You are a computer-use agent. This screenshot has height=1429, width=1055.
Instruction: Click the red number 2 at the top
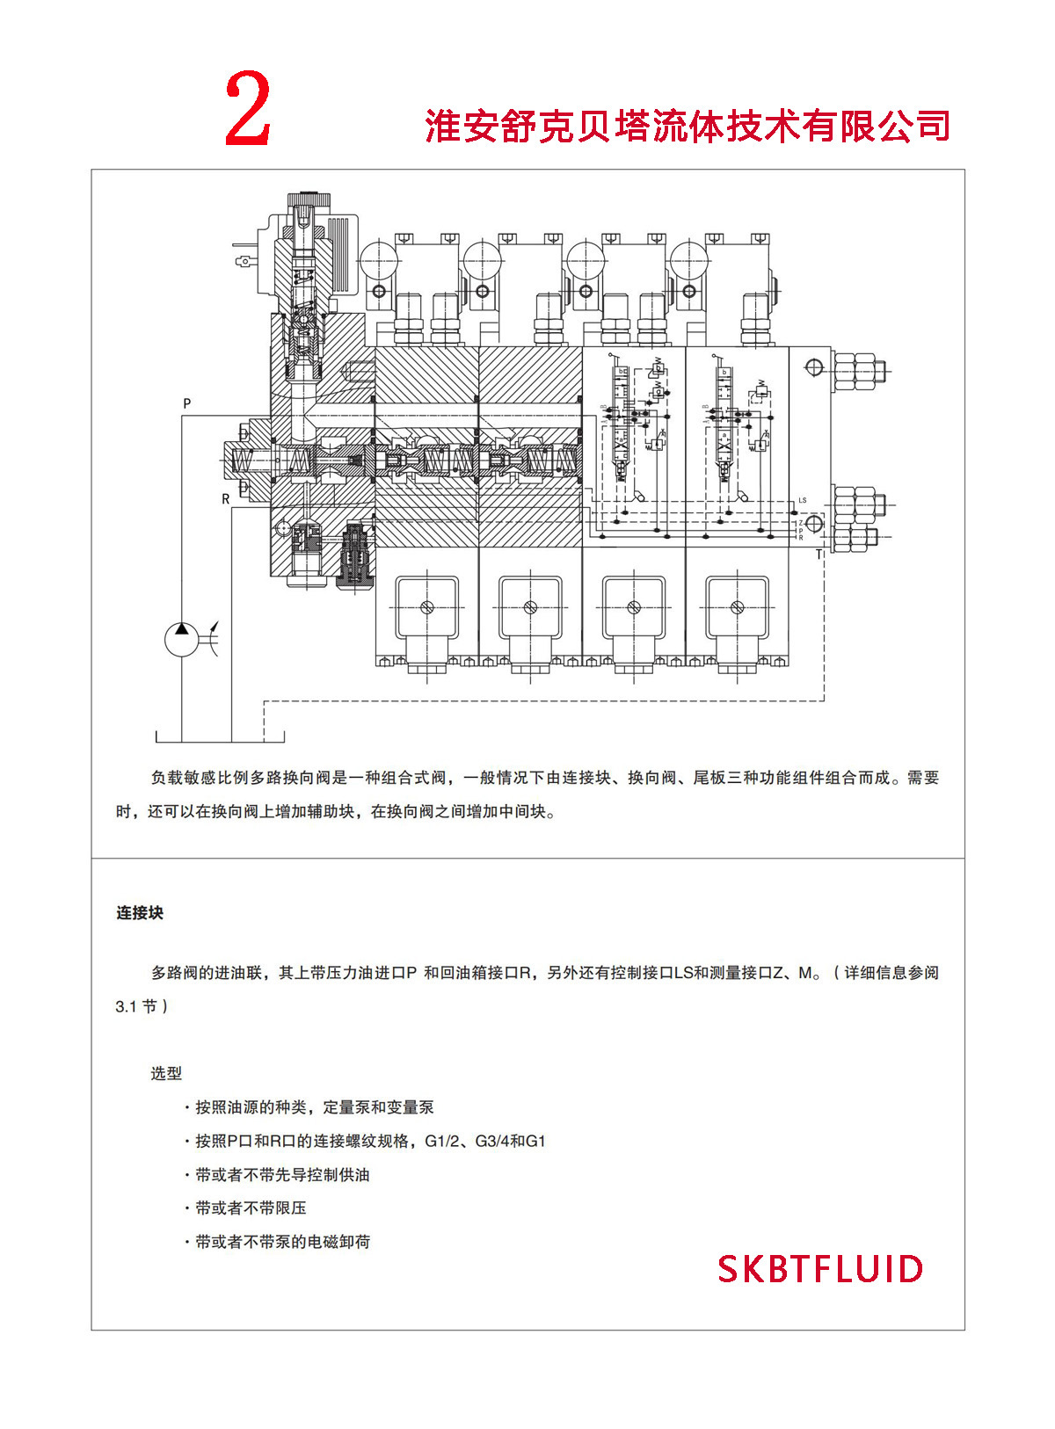pyautogui.click(x=248, y=109)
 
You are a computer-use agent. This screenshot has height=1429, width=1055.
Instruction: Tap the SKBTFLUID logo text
pyautogui.click(x=820, y=1269)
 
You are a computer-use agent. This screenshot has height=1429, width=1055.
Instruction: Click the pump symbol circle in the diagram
pyautogui.click(x=182, y=639)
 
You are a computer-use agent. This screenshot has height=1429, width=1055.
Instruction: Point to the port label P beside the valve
pyautogui.click(x=186, y=403)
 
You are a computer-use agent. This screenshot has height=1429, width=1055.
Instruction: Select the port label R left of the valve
pyautogui.click(x=226, y=499)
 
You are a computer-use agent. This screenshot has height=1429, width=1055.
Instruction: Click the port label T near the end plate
pyautogui.click(x=819, y=555)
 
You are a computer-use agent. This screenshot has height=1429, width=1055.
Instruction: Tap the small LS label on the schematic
pyautogui.click(x=802, y=500)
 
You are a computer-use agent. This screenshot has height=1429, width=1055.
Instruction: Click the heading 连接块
pyautogui.click(x=140, y=913)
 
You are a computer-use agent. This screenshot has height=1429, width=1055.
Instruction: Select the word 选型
pyautogui.click(x=166, y=1073)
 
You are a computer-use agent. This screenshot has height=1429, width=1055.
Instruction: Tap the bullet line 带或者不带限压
pyautogui.click(x=251, y=1208)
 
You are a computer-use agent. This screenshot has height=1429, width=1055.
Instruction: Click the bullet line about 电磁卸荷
pyautogui.click(x=282, y=1242)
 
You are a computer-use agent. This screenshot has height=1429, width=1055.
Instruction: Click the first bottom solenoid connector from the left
pyautogui.click(x=427, y=607)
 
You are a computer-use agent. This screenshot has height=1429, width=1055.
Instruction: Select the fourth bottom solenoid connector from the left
pyautogui.click(x=738, y=607)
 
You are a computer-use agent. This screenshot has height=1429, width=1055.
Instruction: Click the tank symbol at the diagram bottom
pyautogui.click(x=220, y=736)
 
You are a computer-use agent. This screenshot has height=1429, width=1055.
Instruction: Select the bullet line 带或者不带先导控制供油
pyautogui.click(x=282, y=1175)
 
